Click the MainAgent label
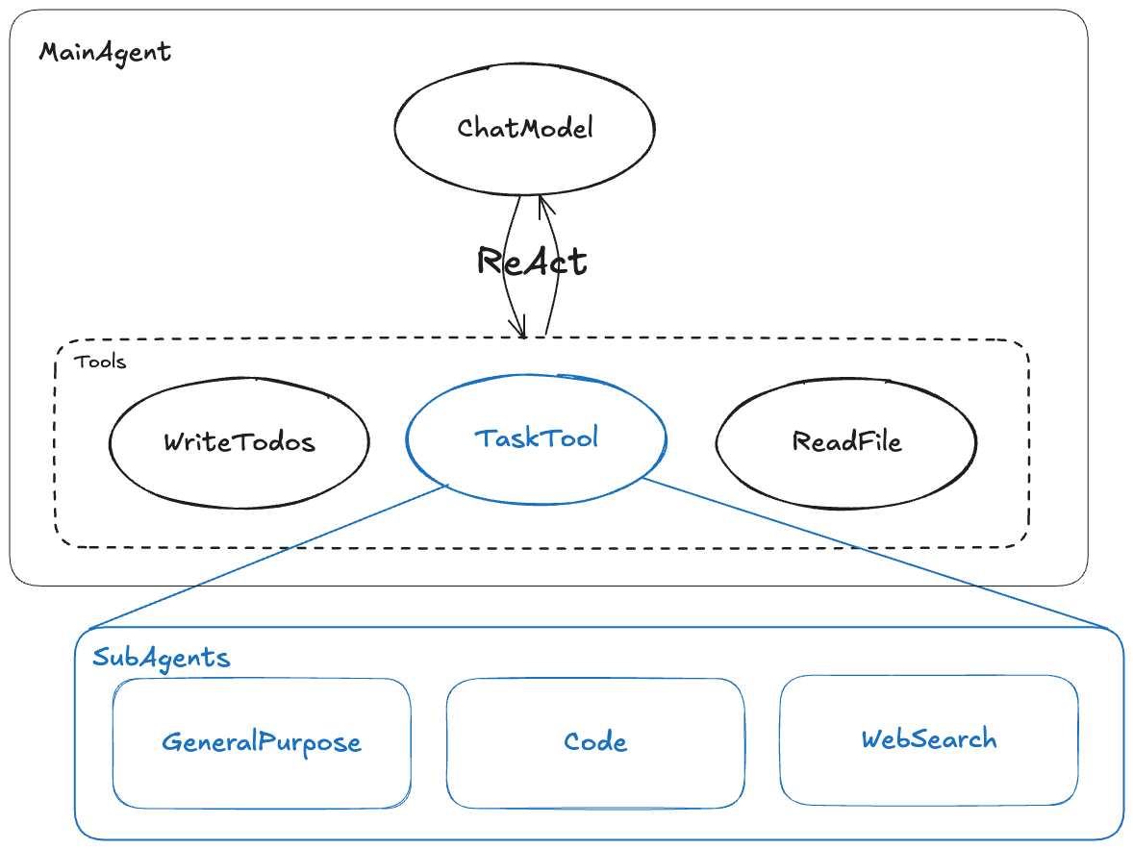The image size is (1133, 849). point(105,52)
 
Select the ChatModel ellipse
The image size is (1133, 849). point(524,159)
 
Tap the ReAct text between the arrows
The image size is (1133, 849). point(532,261)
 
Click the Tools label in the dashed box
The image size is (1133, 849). point(100,362)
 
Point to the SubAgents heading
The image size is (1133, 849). point(161,658)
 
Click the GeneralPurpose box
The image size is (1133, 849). point(262,774)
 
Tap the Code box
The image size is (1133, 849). point(595,774)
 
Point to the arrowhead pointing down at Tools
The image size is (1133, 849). point(520,330)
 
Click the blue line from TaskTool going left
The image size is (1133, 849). point(269,557)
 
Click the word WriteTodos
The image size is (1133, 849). point(239,442)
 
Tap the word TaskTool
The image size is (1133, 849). point(536,438)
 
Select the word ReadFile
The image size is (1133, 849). point(846,441)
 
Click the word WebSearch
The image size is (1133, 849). point(928,739)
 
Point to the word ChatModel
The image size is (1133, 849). point(524,128)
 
